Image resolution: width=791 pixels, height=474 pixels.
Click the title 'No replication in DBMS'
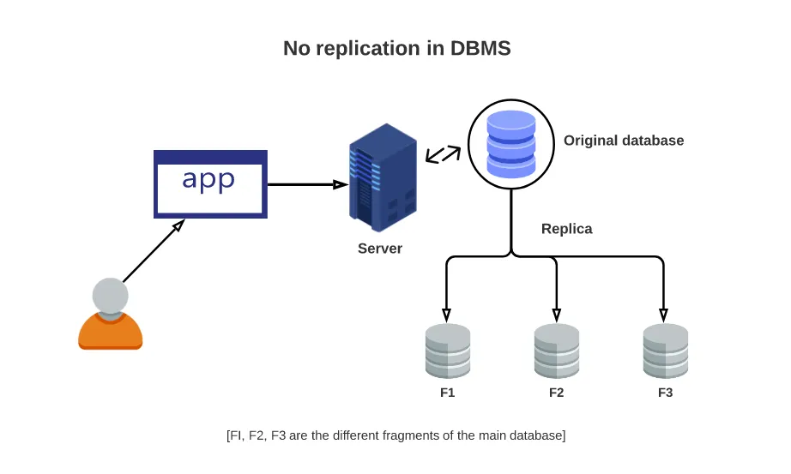click(396, 48)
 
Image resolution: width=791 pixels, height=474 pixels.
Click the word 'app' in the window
click(209, 180)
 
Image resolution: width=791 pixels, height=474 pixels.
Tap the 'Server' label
click(380, 249)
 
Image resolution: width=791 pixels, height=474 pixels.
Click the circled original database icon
click(511, 143)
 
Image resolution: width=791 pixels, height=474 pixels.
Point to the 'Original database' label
click(624, 141)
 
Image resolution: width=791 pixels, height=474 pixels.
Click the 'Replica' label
click(567, 229)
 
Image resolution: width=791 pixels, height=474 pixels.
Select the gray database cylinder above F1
click(448, 351)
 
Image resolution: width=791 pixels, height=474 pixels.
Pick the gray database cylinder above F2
click(556, 351)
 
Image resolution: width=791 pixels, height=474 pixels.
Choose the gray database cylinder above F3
click(666, 351)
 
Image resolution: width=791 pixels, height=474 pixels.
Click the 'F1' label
click(447, 393)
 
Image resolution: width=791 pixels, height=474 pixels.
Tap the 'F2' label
click(556, 393)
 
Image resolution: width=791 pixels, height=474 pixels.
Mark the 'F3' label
click(665, 393)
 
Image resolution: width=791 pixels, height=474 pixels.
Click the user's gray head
click(110, 297)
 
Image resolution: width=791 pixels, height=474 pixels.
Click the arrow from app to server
click(305, 183)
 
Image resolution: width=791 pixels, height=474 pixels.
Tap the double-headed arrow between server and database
click(444, 154)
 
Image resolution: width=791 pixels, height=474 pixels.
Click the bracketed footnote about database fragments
click(395, 435)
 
